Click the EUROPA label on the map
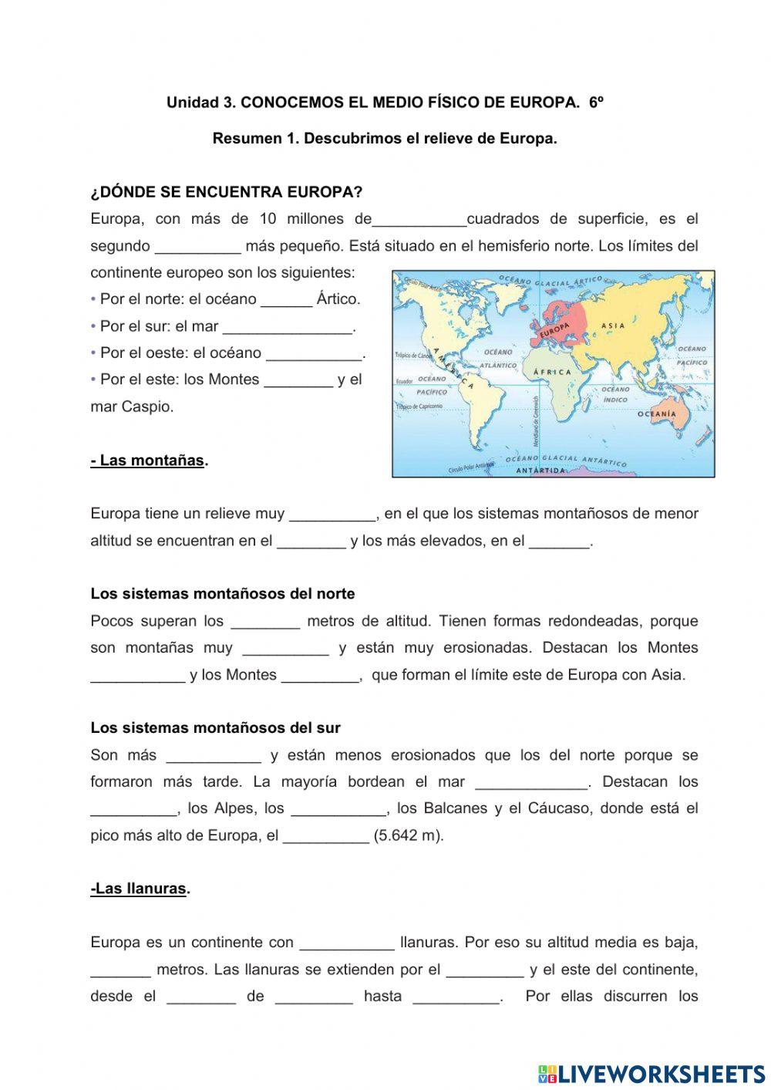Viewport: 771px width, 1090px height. (x=550, y=330)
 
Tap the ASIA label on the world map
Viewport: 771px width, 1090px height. (x=613, y=326)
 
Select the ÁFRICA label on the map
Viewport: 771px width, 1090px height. (x=552, y=372)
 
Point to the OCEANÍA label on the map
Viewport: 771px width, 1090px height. (x=656, y=414)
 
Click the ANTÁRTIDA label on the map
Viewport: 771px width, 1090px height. (x=540, y=471)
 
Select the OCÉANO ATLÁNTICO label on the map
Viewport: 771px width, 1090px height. (x=498, y=358)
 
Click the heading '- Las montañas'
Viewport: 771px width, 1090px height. (x=149, y=461)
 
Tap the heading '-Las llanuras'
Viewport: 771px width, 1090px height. (x=140, y=889)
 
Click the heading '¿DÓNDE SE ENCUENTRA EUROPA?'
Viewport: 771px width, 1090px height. (x=226, y=192)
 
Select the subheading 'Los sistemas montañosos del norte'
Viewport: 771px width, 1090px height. (x=223, y=594)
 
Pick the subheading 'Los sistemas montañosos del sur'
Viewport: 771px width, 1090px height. (x=215, y=727)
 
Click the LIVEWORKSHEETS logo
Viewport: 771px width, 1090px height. (x=651, y=1073)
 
